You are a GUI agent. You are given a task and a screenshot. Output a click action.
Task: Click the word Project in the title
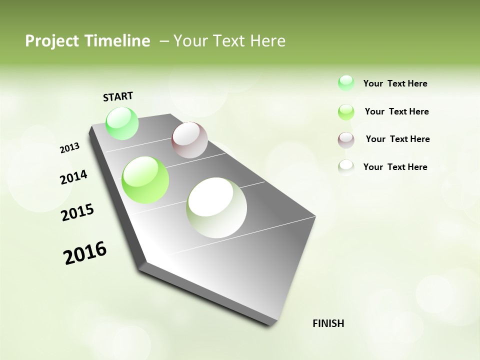click(51, 41)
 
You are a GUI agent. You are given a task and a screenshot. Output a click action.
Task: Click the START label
click(118, 96)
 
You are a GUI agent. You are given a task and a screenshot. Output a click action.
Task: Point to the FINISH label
click(328, 323)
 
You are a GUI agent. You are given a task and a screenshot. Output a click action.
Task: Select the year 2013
click(70, 148)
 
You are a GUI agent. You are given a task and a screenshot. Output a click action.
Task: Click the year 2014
click(74, 177)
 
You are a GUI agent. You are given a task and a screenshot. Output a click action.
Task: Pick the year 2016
click(85, 253)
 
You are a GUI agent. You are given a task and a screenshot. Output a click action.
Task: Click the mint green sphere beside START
click(122, 123)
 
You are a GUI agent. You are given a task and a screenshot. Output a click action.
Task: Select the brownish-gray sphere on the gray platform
click(189, 140)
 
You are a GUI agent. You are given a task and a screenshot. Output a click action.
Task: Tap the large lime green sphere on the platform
click(145, 179)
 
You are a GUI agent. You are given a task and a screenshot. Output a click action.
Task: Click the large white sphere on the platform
click(216, 207)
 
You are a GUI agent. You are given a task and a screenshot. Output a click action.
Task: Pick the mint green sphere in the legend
click(346, 83)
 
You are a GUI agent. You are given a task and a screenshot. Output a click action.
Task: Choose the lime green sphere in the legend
click(346, 112)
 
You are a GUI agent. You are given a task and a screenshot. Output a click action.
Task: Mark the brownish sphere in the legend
click(346, 140)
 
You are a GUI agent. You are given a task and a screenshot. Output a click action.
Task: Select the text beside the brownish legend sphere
click(397, 139)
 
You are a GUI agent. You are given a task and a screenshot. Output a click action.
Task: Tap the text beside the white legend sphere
click(395, 167)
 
